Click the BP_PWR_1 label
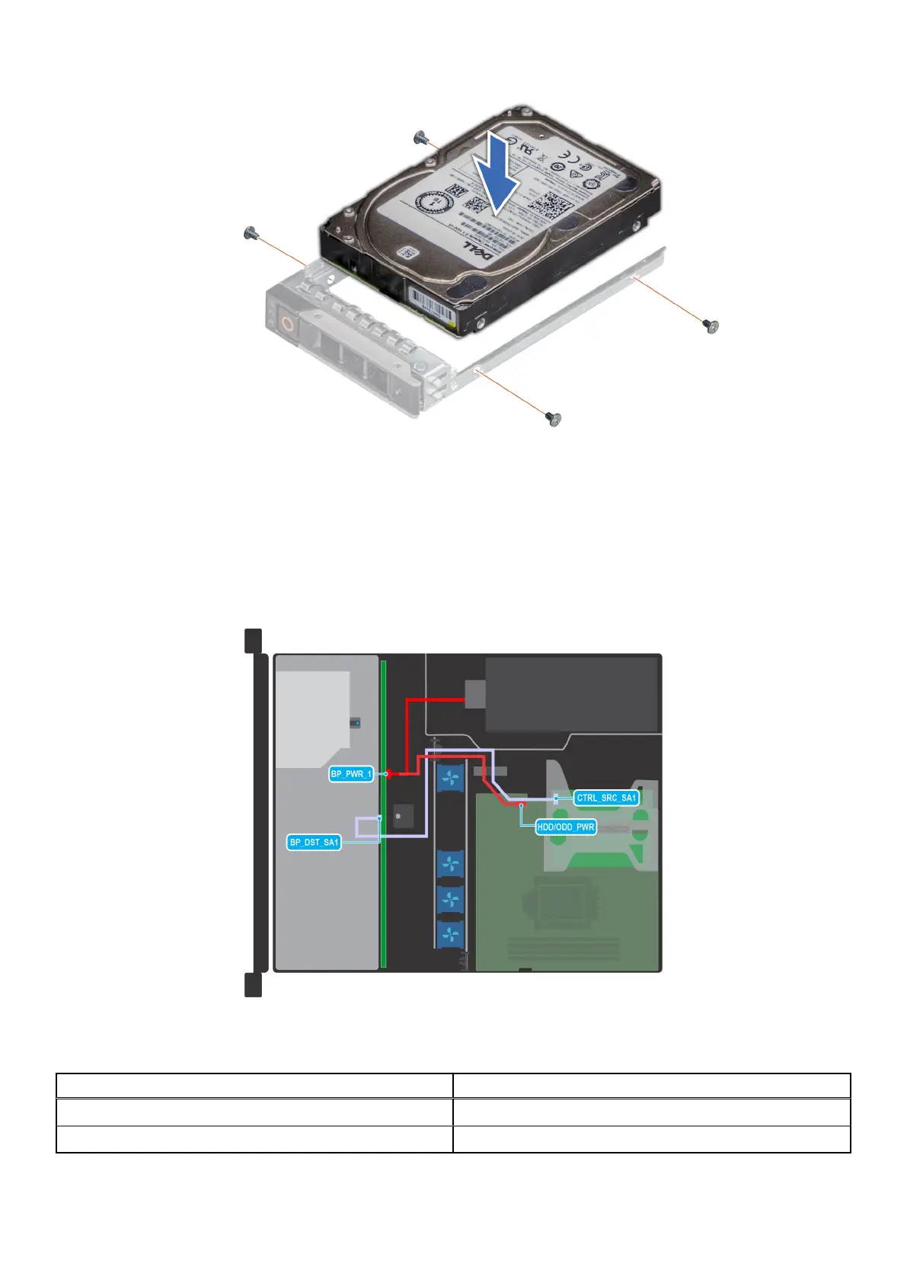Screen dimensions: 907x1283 point(351,774)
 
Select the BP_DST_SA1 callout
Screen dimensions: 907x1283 point(314,842)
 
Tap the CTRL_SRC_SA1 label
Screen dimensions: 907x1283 point(605,798)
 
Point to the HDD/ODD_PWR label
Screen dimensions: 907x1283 point(566,827)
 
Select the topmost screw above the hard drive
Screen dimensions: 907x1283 point(419,138)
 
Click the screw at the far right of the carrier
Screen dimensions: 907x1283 point(711,326)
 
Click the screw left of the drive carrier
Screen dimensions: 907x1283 point(249,233)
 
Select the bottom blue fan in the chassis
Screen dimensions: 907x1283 point(450,933)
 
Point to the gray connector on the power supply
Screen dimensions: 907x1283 point(474,693)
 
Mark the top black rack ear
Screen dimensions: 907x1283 point(253,640)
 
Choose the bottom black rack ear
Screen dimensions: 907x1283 point(253,984)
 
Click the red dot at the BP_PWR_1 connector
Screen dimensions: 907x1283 point(388,774)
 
